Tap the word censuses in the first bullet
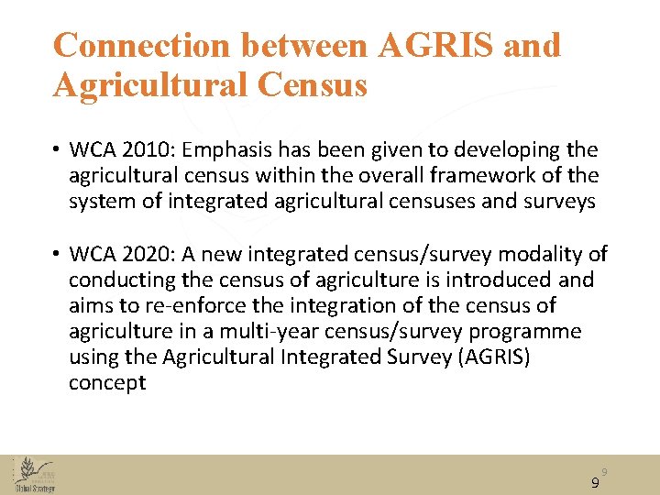[x=418, y=201]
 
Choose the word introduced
[x=510, y=280]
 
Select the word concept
[x=107, y=382]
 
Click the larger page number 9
[x=595, y=483]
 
